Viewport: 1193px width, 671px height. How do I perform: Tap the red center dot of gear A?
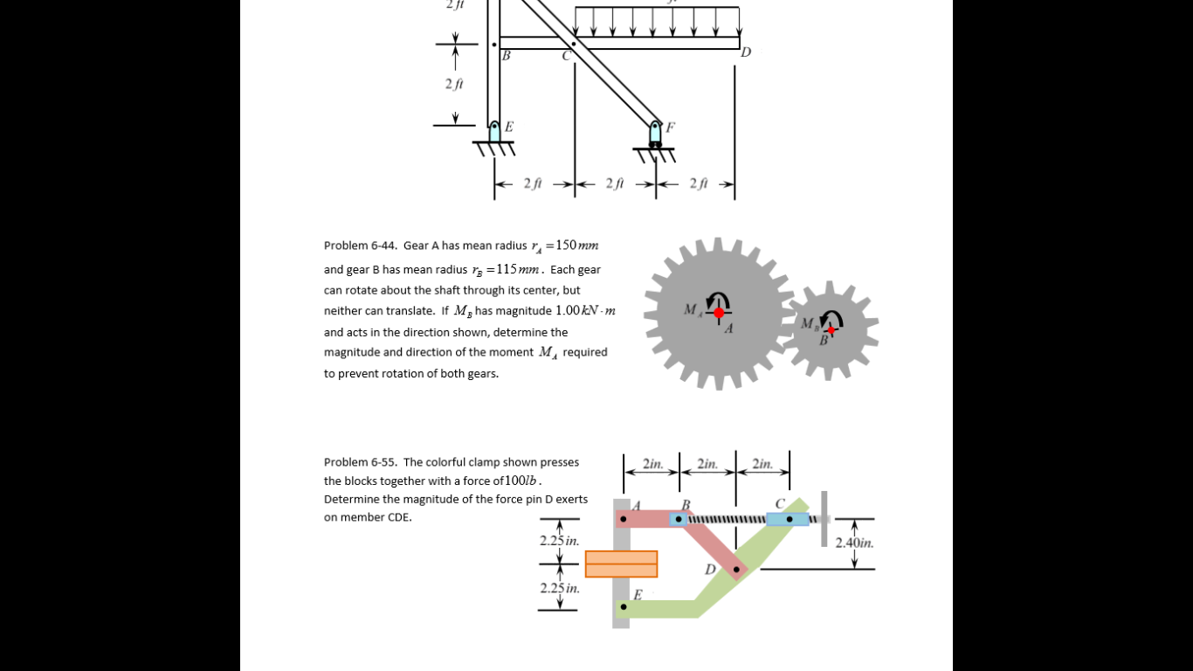[719, 313]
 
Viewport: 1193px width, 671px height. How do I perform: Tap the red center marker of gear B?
[831, 329]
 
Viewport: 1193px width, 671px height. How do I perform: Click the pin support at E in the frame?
[495, 131]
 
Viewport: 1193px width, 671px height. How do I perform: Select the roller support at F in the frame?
[655, 134]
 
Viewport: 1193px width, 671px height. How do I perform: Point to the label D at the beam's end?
[745, 52]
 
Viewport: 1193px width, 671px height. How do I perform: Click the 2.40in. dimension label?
[854, 543]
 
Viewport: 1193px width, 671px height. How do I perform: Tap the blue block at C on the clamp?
[788, 519]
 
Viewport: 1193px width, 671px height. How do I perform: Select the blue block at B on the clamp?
[679, 519]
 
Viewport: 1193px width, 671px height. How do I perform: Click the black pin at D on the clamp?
[736, 570]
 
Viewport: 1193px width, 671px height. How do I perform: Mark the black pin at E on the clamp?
[623, 606]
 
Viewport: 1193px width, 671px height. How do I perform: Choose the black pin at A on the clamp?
[623, 519]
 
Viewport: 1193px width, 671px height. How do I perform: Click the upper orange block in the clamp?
[621, 557]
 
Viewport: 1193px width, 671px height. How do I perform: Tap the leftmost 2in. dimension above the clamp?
[652, 464]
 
